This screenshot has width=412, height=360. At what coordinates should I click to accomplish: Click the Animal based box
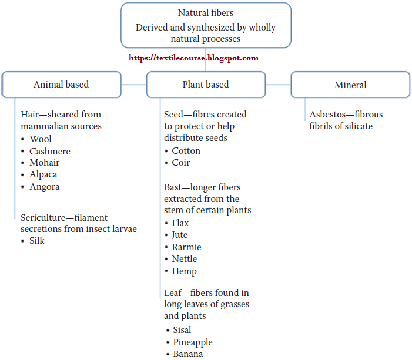tap(62, 85)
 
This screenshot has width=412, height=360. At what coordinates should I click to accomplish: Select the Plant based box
tap(206, 85)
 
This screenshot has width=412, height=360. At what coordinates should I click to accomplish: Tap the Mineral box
tap(350, 85)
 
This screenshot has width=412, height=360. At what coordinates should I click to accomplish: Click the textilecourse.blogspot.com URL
tap(193, 58)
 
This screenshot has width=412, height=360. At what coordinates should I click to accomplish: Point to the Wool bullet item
tap(41, 139)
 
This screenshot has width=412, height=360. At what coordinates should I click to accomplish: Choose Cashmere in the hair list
tap(50, 152)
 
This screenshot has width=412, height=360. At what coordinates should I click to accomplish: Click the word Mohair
tap(45, 163)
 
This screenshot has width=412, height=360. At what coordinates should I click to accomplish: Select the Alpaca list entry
tap(43, 174)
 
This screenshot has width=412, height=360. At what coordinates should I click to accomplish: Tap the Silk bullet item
tap(37, 241)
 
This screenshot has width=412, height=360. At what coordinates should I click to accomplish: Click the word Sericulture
tap(43, 218)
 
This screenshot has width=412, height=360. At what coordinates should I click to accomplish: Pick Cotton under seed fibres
tap(186, 151)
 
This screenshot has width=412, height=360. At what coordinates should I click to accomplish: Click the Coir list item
tap(181, 163)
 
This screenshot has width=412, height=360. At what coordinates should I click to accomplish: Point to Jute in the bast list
tap(180, 235)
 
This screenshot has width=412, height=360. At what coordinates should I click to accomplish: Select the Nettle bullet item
tap(185, 259)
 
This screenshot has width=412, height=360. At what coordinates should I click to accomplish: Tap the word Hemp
tap(184, 271)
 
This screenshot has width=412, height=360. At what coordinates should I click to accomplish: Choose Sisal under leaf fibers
tap(182, 330)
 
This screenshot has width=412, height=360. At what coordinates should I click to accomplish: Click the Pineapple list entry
tap(193, 342)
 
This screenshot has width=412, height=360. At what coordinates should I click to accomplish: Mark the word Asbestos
tap(327, 115)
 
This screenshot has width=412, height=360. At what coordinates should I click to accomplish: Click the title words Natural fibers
tap(206, 12)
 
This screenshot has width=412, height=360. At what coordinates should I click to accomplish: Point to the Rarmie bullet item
tap(186, 247)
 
